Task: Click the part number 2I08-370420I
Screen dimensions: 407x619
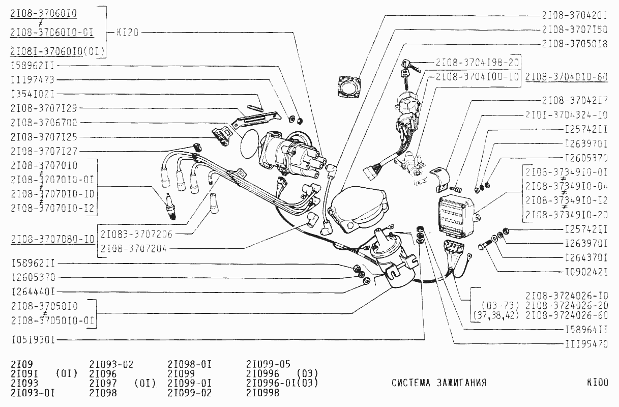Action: (574, 15)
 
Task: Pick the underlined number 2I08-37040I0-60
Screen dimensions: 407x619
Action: (566, 77)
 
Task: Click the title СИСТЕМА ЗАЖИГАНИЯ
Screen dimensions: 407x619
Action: (439, 383)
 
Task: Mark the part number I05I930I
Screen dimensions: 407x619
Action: (33, 339)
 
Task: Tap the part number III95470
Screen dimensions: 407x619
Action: (586, 343)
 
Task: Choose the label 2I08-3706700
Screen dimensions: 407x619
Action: (43, 123)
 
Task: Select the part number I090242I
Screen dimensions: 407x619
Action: (586, 272)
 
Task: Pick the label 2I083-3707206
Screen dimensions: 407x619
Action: (136, 235)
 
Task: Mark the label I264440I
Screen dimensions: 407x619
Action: (33, 292)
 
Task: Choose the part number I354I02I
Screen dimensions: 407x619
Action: (33, 94)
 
